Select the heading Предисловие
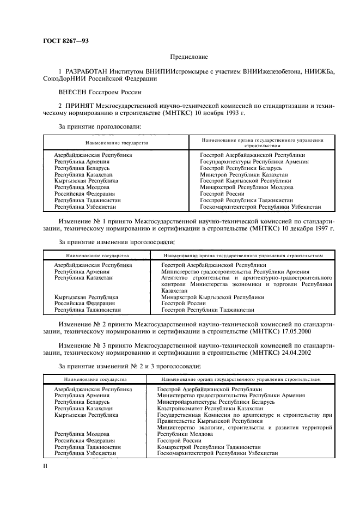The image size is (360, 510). [x=189, y=56]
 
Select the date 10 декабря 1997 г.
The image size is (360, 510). [x=309, y=229]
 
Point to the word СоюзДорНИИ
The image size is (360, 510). [x=66, y=78]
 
